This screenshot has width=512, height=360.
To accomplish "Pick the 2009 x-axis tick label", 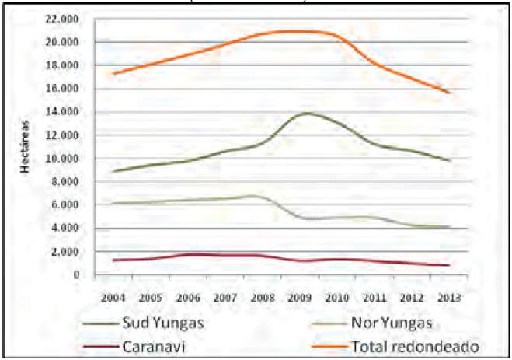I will point(299,297).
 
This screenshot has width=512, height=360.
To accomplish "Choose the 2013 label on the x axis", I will point(448,297).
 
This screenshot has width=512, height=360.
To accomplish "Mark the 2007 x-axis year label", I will point(225,297).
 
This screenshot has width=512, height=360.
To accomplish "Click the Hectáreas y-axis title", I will point(26,147).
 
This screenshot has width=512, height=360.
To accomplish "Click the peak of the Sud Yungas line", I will point(308,114).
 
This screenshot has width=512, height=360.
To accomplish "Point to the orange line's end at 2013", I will point(448,93).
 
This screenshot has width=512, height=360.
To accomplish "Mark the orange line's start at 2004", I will point(113,74).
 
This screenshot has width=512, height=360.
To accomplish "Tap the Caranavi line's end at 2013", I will point(448,265).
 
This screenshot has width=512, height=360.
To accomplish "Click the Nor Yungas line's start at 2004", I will point(113,204).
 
